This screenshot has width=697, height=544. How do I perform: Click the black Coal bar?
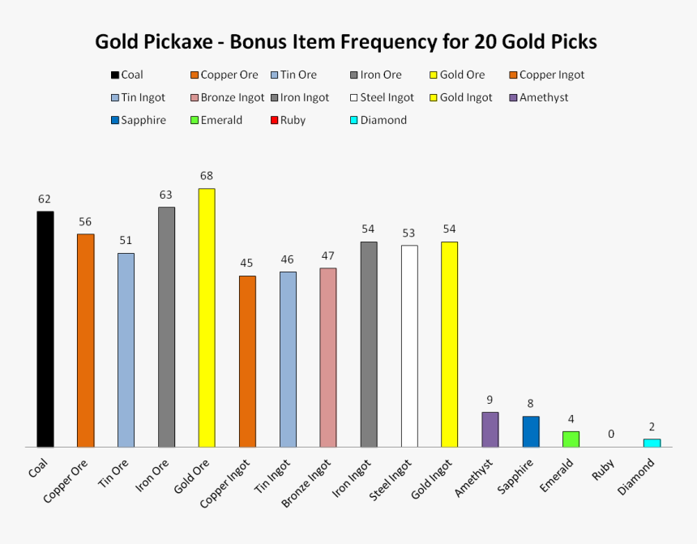(45, 329)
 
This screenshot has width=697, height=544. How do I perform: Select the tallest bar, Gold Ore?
(207, 318)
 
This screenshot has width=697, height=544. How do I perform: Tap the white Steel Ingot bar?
(409, 346)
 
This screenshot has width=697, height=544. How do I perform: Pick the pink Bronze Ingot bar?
(328, 358)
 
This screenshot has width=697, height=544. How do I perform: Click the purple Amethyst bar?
(490, 430)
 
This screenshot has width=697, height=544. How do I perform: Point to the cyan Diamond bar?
(652, 443)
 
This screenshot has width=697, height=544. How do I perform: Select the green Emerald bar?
(571, 439)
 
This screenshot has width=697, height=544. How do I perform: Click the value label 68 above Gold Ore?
(207, 176)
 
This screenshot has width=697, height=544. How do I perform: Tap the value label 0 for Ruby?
(611, 435)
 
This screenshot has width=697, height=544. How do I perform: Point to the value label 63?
(166, 195)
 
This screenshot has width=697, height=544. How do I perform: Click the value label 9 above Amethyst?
(490, 400)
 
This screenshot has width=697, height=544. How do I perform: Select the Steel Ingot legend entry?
(382, 97)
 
